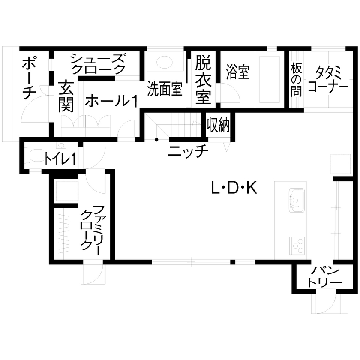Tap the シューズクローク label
98,63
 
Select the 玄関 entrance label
66,96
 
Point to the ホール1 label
111,101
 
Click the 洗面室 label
165,89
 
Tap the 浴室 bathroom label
237,72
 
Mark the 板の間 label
296,78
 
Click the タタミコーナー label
328,79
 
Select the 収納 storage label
219,125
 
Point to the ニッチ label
188,151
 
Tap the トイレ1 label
60,159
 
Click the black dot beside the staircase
156,140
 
